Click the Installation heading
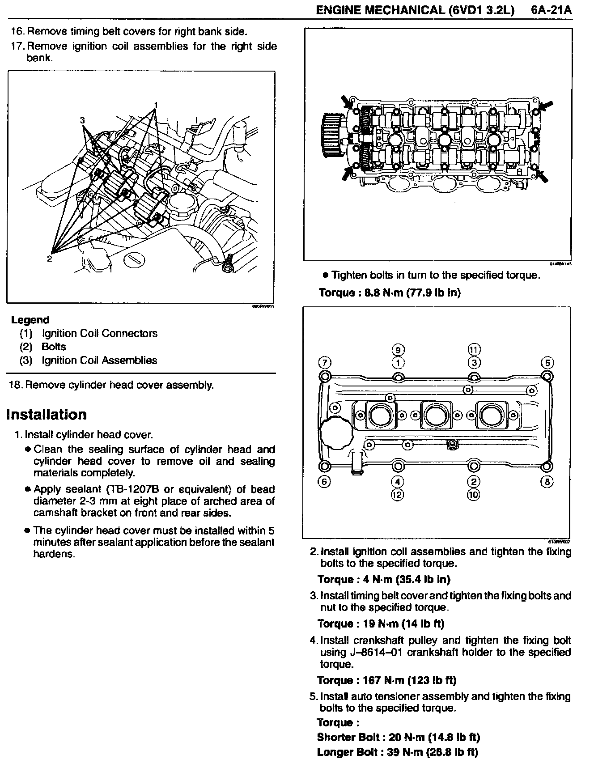point(47,415)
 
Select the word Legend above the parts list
point(30,320)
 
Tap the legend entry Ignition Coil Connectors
point(99,333)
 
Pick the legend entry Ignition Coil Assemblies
point(99,360)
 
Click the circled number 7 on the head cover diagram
point(325,362)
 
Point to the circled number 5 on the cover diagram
point(547,362)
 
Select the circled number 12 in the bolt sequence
point(397,494)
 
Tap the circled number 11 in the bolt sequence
point(474,350)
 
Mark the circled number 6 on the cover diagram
point(325,481)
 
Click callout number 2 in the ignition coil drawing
point(49,259)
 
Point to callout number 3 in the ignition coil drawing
point(82,120)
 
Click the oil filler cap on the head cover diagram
point(335,433)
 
